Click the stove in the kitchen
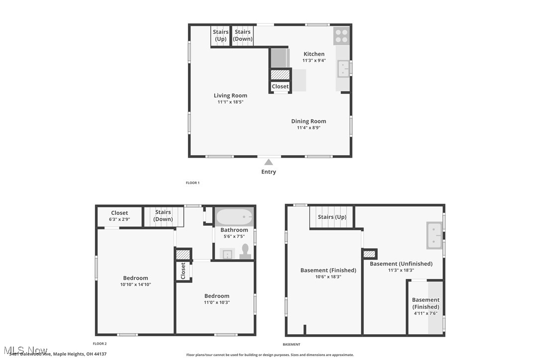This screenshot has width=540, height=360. [341, 36]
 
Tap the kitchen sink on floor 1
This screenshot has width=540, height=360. [343, 69]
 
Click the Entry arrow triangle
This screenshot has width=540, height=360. [269, 162]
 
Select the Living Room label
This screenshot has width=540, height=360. [230, 95]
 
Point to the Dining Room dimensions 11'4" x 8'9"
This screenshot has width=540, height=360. [308, 128]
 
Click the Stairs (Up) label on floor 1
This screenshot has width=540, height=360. [221, 35]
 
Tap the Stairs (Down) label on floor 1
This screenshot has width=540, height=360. [243, 35]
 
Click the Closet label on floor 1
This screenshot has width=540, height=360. [280, 87]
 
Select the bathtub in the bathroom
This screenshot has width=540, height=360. [234, 217]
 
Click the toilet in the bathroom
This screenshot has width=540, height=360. [245, 251]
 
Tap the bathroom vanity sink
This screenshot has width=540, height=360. [227, 254]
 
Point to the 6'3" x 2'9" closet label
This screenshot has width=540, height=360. [119, 219]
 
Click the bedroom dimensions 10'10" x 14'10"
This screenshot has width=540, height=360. [135, 284]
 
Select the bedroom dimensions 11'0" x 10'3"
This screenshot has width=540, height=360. [216, 302]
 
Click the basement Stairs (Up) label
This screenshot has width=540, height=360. [332, 217]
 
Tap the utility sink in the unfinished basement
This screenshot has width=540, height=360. [434, 235]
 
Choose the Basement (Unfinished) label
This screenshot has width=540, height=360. [401, 264]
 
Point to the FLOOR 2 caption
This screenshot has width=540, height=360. [99, 344]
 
